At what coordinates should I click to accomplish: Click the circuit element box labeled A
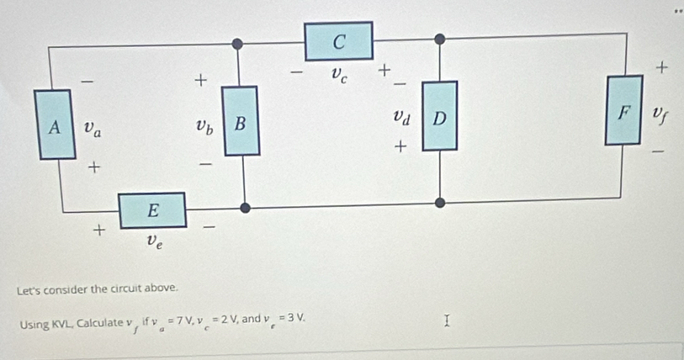pyautogui.click(x=55, y=124)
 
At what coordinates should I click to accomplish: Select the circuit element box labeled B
pyautogui.click(x=241, y=121)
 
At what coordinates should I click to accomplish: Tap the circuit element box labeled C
pyautogui.click(x=338, y=41)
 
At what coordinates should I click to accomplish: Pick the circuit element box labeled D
pyautogui.click(x=440, y=116)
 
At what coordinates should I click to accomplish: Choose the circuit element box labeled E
pyautogui.click(x=152, y=210)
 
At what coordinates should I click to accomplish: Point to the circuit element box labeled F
pyautogui.click(x=623, y=110)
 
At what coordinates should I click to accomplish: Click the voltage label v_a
pyautogui.click(x=93, y=129)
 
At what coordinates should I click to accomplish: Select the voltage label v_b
pyautogui.click(x=204, y=126)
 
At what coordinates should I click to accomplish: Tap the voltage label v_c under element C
pyautogui.click(x=339, y=75)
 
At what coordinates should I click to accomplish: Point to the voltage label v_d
pyautogui.click(x=402, y=117)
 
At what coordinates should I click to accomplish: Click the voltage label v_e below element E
pyautogui.click(x=155, y=241)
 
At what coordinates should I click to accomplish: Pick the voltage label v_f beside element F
pyautogui.click(x=660, y=115)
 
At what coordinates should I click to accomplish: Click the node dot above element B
pyautogui.click(x=237, y=44)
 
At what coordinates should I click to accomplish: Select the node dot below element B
pyautogui.click(x=245, y=208)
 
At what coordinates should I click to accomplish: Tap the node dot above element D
pyautogui.click(x=440, y=40)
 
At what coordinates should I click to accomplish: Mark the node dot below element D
pyautogui.click(x=440, y=203)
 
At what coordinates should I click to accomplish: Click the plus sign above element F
pyautogui.click(x=661, y=67)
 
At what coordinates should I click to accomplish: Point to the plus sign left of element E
pyautogui.click(x=99, y=230)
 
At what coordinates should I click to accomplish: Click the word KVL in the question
pyautogui.click(x=63, y=324)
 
